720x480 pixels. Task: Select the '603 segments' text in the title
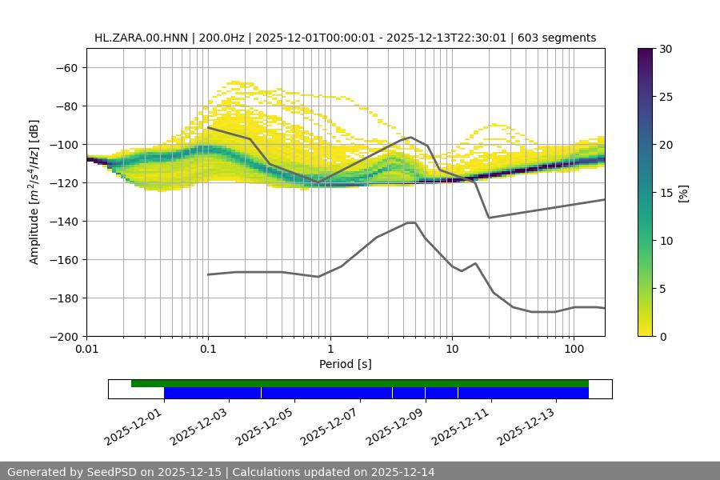click(x=557, y=38)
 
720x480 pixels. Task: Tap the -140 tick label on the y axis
click(x=64, y=221)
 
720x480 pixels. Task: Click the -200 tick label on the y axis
click(x=64, y=336)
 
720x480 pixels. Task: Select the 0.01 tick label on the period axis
click(x=86, y=350)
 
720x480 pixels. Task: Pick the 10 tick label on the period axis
click(x=451, y=350)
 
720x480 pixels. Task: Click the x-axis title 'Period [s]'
click(x=345, y=364)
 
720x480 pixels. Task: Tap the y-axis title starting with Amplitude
click(x=34, y=192)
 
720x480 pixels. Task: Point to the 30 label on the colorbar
click(x=666, y=49)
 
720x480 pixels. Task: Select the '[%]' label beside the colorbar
click(x=683, y=193)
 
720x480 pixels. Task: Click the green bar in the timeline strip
click(x=360, y=383)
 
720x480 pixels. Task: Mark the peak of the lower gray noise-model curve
click(x=411, y=222)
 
